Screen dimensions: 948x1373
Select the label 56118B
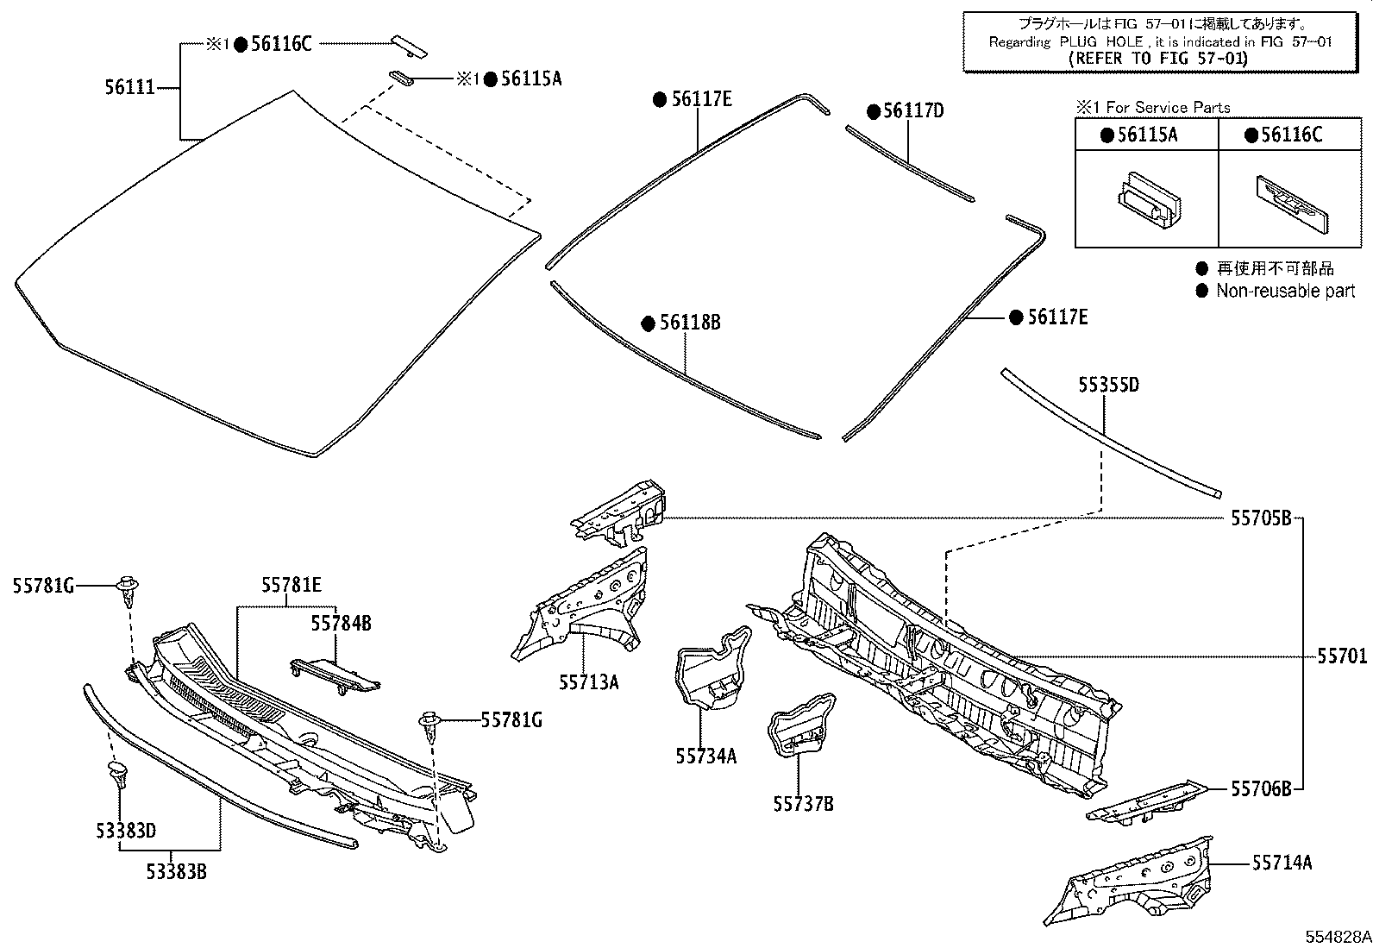[x=690, y=323]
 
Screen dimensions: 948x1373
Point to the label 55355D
[x=1108, y=385]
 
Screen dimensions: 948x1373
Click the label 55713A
[x=588, y=682]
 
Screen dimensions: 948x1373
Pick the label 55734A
[x=705, y=756]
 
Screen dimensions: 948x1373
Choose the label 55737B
[x=803, y=804]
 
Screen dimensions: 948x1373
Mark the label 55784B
[x=341, y=622]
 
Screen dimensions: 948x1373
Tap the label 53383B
[x=175, y=871]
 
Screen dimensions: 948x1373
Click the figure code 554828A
[x=1336, y=937]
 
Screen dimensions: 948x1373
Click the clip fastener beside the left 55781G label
[x=128, y=589]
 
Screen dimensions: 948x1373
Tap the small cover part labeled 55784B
[x=335, y=674]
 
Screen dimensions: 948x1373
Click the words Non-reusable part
[x=1285, y=292]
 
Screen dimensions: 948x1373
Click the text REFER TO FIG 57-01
[x=1157, y=59]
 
